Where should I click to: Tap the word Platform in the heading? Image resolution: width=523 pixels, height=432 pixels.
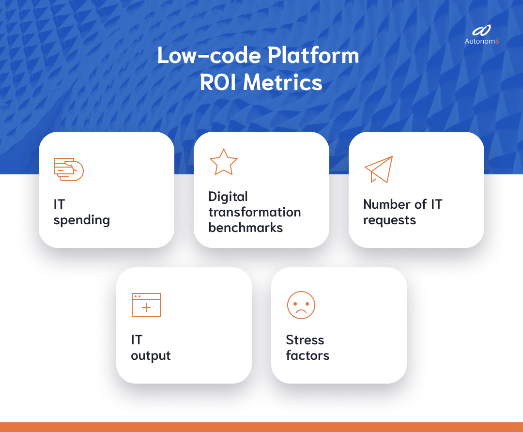[x=314, y=56]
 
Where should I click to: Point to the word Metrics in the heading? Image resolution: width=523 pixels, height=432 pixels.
[x=283, y=83]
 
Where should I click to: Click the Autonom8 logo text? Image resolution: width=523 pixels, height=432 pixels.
[x=481, y=42]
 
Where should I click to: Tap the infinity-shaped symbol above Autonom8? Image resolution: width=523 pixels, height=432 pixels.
[x=482, y=31]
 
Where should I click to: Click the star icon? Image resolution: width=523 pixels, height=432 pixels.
[x=223, y=162]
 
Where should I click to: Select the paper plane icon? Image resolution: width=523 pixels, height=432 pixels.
[x=379, y=169]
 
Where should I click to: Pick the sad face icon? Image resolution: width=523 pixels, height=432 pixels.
[x=301, y=305]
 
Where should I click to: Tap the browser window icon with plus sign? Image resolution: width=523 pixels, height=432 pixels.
[x=146, y=305]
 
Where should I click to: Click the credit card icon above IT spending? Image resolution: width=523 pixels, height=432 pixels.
[x=68, y=169]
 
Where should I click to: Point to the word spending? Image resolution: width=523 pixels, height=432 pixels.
[x=82, y=220]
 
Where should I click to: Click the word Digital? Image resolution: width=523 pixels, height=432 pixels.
[x=228, y=197]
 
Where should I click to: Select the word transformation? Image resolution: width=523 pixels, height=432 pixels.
[x=254, y=212]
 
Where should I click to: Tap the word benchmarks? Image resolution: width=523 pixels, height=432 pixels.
[x=246, y=228]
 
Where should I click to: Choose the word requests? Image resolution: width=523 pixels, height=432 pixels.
[x=389, y=220]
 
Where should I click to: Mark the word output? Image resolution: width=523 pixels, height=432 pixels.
[x=151, y=356]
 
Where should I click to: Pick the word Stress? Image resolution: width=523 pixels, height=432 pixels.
[x=305, y=340]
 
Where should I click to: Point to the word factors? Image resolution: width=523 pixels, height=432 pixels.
[x=308, y=355]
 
